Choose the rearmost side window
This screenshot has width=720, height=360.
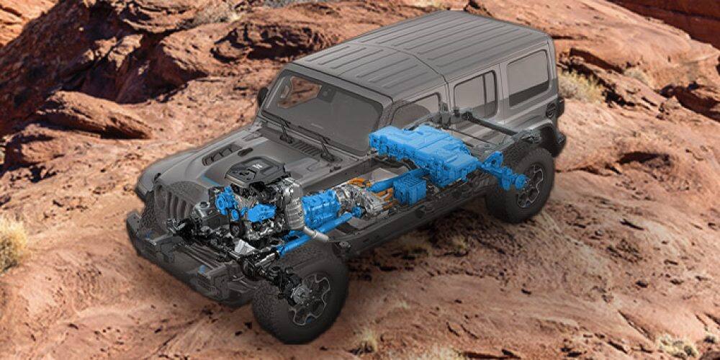(x=528, y=76)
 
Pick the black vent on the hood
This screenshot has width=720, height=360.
(x=222, y=153)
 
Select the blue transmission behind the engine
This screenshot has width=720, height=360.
(x=321, y=205)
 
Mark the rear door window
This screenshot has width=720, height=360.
(x=475, y=93)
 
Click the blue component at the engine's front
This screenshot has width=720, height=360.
(x=227, y=202)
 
